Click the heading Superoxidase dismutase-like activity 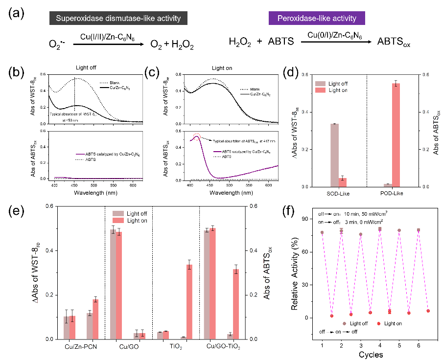pyautogui.click(x=118, y=19)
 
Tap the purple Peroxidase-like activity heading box pyautogui.click(x=317, y=19)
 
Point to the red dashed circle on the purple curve pyautogui.click(x=196, y=137)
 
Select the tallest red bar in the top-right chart pyautogui.click(x=396, y=135)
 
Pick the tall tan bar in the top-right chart pyautogui.click(x=334, y=155)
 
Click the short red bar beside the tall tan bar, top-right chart pyautogui.click(x=343, y=182)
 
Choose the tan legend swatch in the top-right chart pyautogui.click(x=320, y=84)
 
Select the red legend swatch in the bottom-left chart pyautogui.click(x=118, y=221)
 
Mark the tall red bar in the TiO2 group pyautogui.click(x=189, y=301)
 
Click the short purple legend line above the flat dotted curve pyautogui.click(x=81, y=154)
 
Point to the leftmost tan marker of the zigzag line pyautogui.click(x=322, y=232)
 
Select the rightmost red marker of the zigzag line pyautogui.click(x=428, y=311)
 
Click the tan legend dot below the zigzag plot pyautogui.click(x=345, y=323)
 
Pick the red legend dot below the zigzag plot pyautogui.click(x=379, y=323)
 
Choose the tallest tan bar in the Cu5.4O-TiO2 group pyautogui.click(x=207, y=284)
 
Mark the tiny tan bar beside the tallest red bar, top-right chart pyautogui.click(x=388, y=185)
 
